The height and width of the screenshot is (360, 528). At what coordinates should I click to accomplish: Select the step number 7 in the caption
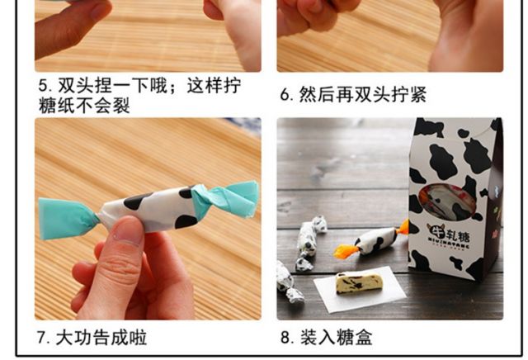tap(43, 338)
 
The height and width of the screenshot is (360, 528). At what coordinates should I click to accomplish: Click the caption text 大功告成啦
tap(101, 338)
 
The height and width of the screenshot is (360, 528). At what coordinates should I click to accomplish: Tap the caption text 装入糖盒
tap(337, 337)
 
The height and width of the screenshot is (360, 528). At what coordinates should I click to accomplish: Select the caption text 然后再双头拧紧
tap(363, 95)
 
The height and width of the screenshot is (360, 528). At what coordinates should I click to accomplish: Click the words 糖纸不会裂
tap(84, 105)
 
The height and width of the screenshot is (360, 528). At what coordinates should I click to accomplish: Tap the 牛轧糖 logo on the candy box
tap(449, 235)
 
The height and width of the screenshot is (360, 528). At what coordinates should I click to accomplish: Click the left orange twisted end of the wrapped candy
tap(346, 252)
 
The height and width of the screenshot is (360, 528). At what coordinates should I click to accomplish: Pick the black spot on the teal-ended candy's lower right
tap(186, 221)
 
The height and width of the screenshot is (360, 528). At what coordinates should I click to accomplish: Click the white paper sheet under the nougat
tap(360, 289)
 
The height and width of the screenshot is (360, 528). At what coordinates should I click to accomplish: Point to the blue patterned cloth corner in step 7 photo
tap(245, 126)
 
